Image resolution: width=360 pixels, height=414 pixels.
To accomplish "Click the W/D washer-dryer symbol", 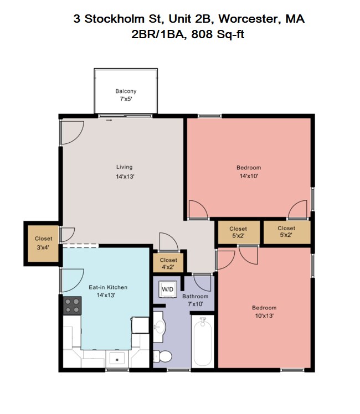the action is point(168,289).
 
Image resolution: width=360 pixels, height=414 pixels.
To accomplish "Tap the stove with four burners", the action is point(72,306).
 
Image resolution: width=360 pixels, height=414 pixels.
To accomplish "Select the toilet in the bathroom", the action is point(163,356).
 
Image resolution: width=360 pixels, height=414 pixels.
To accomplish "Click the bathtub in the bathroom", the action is point(203,341).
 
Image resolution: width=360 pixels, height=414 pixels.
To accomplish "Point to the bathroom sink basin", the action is point(160,327).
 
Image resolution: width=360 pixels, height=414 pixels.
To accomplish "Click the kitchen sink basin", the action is point(117,358).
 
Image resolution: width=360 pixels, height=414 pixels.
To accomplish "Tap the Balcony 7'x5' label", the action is point(126,95).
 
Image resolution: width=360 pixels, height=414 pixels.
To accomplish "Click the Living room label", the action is point(125,167).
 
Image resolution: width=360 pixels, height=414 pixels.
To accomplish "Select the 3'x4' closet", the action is point(43,244).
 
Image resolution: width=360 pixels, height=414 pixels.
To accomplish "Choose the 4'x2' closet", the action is point(168,263).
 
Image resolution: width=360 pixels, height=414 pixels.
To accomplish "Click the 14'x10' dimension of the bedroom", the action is point(249,176).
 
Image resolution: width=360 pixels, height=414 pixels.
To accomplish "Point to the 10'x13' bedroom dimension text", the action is point(264,315).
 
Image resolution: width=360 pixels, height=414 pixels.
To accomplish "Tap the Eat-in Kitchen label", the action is point(108,287).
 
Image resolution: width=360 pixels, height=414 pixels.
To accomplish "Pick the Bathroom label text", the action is point(195,296).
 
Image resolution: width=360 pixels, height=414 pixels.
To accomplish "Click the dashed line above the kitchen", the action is point(80,246).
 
